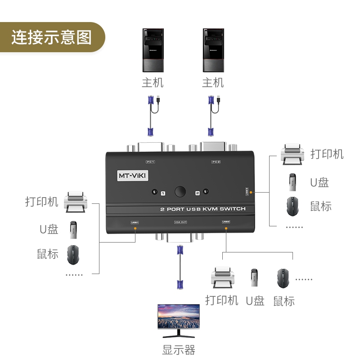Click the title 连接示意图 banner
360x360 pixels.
[51, 37]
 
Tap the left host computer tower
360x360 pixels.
[153, 50]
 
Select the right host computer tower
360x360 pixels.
[213, 50]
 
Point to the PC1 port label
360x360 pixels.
[150, 162]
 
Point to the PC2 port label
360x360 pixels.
[216, 162]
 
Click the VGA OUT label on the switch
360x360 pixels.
[180, 222]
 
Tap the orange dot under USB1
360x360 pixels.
[135, 229]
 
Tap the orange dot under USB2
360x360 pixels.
[226, 229]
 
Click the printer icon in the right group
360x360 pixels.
[293, 154]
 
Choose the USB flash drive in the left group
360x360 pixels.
[73, 229]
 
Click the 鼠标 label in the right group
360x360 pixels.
[321, 207]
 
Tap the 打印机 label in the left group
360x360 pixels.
[42, 202]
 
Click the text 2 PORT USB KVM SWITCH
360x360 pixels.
[203, 209]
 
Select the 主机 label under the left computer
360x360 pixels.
[153, 83]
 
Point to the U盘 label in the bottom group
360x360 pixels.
[255, 301]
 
